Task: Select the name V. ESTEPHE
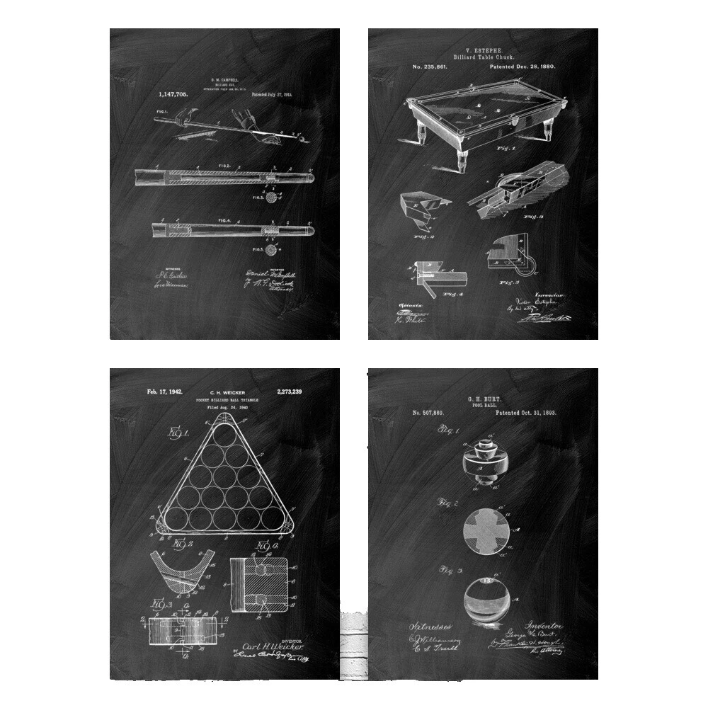point(483,51)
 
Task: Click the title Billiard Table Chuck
point(483,57)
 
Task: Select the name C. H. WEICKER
point(226,392)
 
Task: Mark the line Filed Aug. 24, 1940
point(226,408)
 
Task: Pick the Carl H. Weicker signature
point(273,647)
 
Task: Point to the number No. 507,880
point(428,413)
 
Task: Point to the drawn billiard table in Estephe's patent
point(483,113)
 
